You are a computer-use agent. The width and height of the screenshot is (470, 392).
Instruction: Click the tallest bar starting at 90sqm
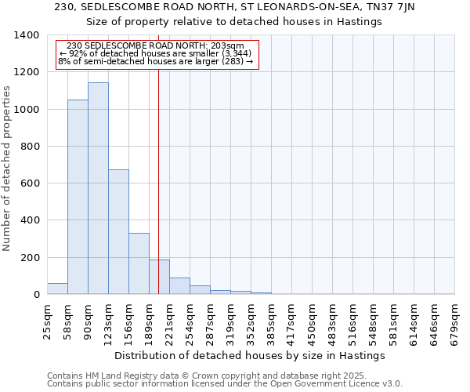click(x=98, y=188)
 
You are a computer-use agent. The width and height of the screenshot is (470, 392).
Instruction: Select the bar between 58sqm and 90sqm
click(x=78, y=197)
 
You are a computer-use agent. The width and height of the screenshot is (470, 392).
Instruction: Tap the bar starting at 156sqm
click(x=139, y=263)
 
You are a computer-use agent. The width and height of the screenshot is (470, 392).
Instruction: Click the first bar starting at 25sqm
click(x=57, y=289)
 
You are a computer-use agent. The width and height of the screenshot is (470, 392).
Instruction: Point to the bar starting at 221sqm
click(x=179, y=286)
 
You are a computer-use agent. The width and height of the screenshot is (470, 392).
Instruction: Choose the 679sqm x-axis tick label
click(x=454, y=319)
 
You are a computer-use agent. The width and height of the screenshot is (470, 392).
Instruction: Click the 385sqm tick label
click(x=271, y=319)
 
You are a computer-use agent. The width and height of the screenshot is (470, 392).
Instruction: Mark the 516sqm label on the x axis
click(x=352, y=319)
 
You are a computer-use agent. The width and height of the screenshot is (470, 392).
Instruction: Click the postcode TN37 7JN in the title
click(x=391, y=7)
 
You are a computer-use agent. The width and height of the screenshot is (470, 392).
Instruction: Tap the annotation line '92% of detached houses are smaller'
click(x=155, y=53)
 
